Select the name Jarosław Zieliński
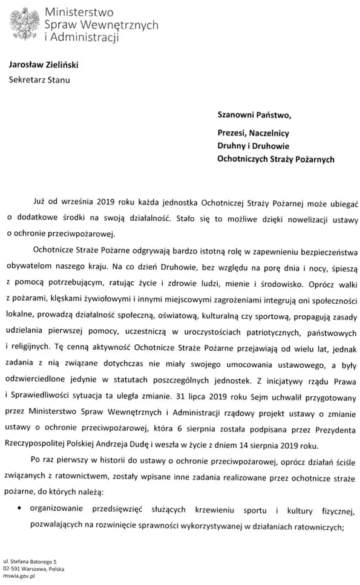point(48,65)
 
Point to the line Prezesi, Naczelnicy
point(254,132)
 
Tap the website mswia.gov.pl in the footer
point(19,576)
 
